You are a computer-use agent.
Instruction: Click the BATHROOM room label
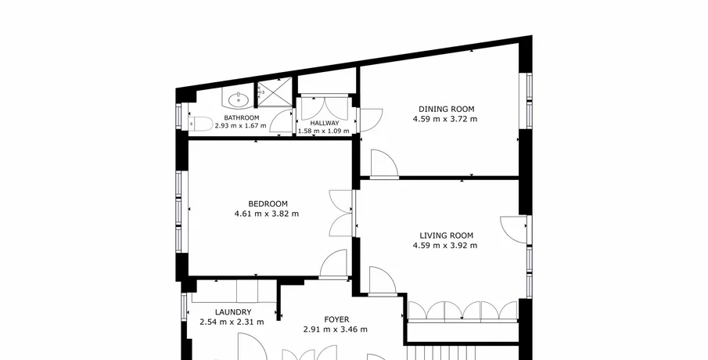(242, 118)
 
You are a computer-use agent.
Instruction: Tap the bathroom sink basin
(239, 99)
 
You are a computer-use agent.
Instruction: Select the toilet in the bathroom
(200, 124)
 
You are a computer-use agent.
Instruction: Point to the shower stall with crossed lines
(275, 93)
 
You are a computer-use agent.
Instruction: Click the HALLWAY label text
(324, 123)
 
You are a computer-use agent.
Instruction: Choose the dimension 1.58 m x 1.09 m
(323, 131)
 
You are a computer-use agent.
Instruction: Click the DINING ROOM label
(446, 109)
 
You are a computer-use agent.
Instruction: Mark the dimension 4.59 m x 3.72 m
(445, 119)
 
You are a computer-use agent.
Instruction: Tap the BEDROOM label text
(268, 203)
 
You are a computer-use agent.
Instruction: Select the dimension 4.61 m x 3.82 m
(267, 214)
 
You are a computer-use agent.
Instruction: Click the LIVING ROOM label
(446, 236)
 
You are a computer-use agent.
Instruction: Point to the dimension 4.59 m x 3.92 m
(445, 245)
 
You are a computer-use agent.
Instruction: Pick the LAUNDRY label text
(233, 312)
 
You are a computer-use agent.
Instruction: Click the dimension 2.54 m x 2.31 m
(232, 322)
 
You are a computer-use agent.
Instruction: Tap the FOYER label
(336, 320)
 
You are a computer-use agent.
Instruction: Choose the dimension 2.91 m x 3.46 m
(335, 329)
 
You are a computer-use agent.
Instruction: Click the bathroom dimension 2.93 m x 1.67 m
(240, 125)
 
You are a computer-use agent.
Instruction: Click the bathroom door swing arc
(276, 117)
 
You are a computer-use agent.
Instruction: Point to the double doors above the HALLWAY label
(325, 109)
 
